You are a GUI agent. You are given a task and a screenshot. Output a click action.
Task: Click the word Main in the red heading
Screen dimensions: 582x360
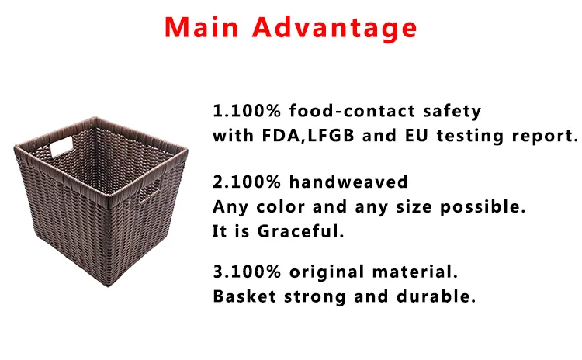pyautogui.click(x=201, y=27)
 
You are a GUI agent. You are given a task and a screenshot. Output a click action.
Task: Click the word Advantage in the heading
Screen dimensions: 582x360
pyautogui.click(x=334, y=29)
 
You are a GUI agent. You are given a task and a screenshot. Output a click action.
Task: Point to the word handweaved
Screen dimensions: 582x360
pyautogui.click(x=348, y=182)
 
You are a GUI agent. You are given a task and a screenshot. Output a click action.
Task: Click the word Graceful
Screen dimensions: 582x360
pyautogui.click(x=300, y=231)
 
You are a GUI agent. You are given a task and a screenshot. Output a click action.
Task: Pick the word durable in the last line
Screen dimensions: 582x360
pyautogui.click(x=436, y=296)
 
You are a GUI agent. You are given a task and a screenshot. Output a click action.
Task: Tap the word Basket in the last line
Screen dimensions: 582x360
pyautogui.click(x=244, y=296)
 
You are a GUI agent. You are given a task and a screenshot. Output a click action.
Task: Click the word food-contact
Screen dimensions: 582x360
pyautogui.click(x=352, y=111)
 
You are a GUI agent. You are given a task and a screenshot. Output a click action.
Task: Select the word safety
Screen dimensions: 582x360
pyautogui.click(x=452, y=112)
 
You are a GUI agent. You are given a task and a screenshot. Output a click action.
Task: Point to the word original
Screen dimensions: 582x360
pyautogui.click(x=327, y=272)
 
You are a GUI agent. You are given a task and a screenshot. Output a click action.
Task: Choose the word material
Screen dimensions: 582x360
pyautogui.click(x=414, y=272)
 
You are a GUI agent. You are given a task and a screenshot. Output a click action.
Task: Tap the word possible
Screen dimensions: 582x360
pyautogui.click(x=483, y=207)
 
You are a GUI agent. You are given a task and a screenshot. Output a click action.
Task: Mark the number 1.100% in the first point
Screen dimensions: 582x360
pyautogui.click(x=247, y=111)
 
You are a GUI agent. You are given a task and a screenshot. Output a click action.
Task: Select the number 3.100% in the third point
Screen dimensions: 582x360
pyautogui.click(x=247, y=272)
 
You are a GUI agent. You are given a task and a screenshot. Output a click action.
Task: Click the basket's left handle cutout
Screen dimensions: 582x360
pyautogui.click(x=61, y=146)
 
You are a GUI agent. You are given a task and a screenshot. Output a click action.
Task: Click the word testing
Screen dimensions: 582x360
pyautogui.click(x=470, y=136)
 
